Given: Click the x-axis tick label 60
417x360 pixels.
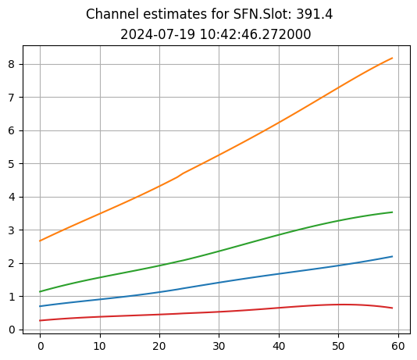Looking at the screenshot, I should pos(397,344).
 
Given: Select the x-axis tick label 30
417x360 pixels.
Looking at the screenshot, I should pos(219,344).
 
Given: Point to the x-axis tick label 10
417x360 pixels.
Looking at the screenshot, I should pos(100,344).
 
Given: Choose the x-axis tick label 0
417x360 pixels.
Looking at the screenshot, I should pos(41,344).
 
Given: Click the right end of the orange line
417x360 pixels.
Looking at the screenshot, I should pos(392,58).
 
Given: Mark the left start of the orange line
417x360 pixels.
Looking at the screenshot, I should pos(41,241).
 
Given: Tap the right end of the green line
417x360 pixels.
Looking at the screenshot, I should pos(392,212).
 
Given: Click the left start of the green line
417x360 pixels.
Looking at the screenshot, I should pos(41,291).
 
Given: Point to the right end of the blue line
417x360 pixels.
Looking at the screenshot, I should pos(392,256).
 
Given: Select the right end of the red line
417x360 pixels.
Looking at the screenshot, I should pos(392,308).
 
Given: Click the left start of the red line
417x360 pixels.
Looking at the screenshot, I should pos(41,320).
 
